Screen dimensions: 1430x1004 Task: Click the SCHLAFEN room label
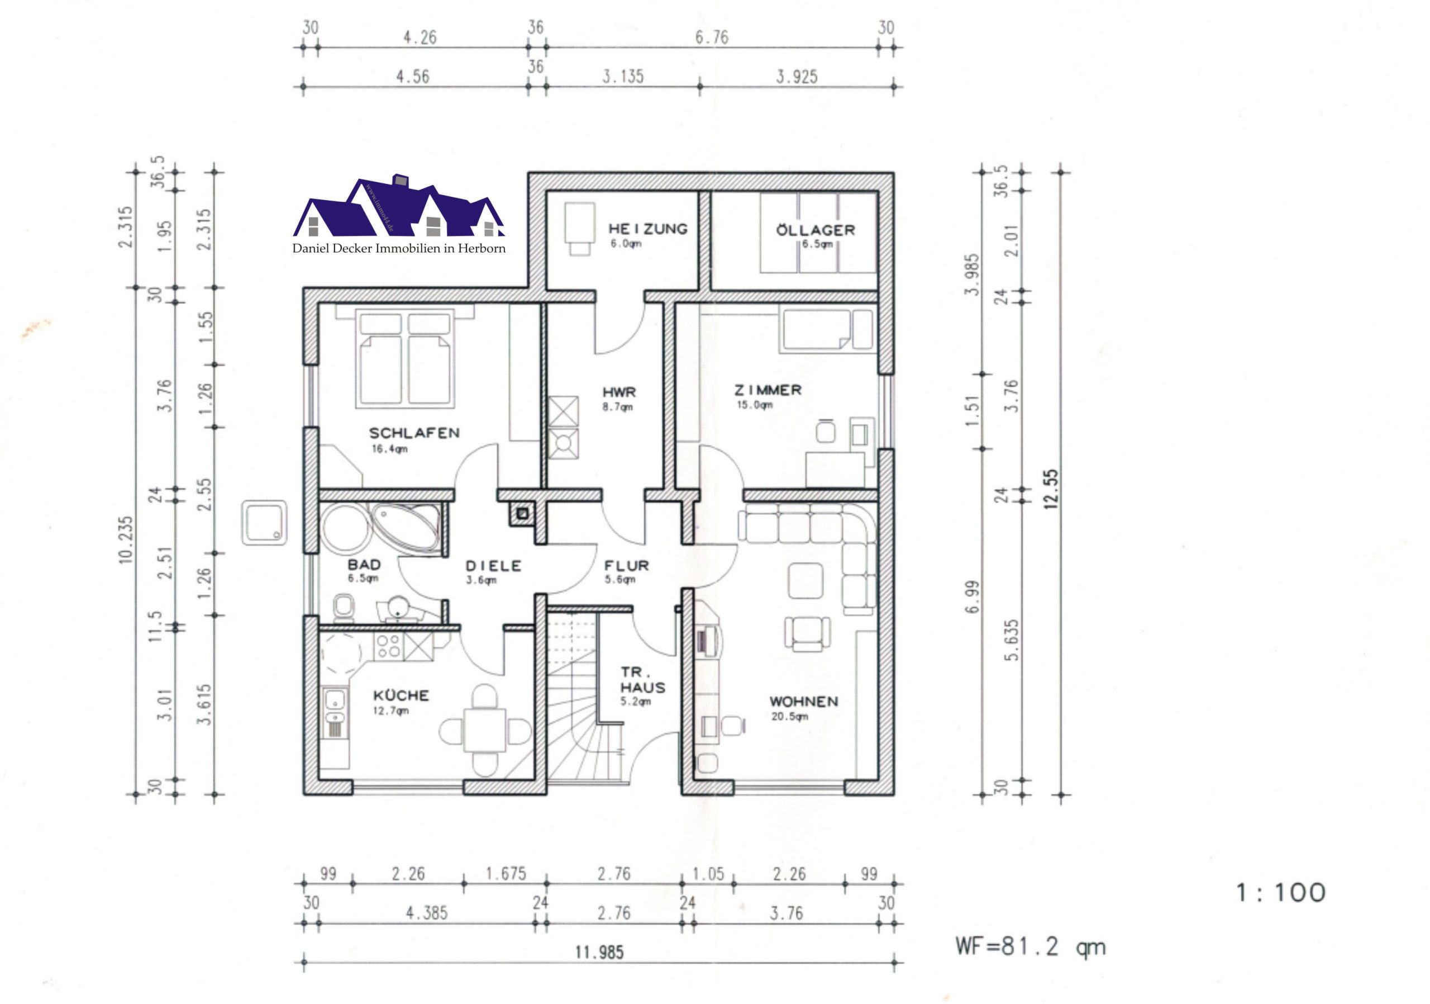[x=414, y=433]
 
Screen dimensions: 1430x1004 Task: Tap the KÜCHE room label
[x=401, y=694]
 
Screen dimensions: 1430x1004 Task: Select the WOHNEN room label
[x=803, y=701]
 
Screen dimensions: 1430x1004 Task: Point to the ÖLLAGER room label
[x=816, y=229]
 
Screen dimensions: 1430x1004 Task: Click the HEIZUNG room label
[x=648, y=229]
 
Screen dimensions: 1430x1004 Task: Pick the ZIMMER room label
[x=768, y=390]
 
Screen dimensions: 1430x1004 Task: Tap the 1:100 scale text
[x=1280, y=892]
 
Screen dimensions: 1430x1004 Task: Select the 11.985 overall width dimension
[x=599, y=951]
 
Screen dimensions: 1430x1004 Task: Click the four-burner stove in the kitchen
[x=388, y=646]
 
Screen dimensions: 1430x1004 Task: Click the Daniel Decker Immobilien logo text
[x=399, y=248]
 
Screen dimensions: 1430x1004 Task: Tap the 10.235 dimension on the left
[x=126, y=539]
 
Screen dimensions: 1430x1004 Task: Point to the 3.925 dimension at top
[x=797, y=77]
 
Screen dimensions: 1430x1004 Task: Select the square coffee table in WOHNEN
[x=805, y=581]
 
